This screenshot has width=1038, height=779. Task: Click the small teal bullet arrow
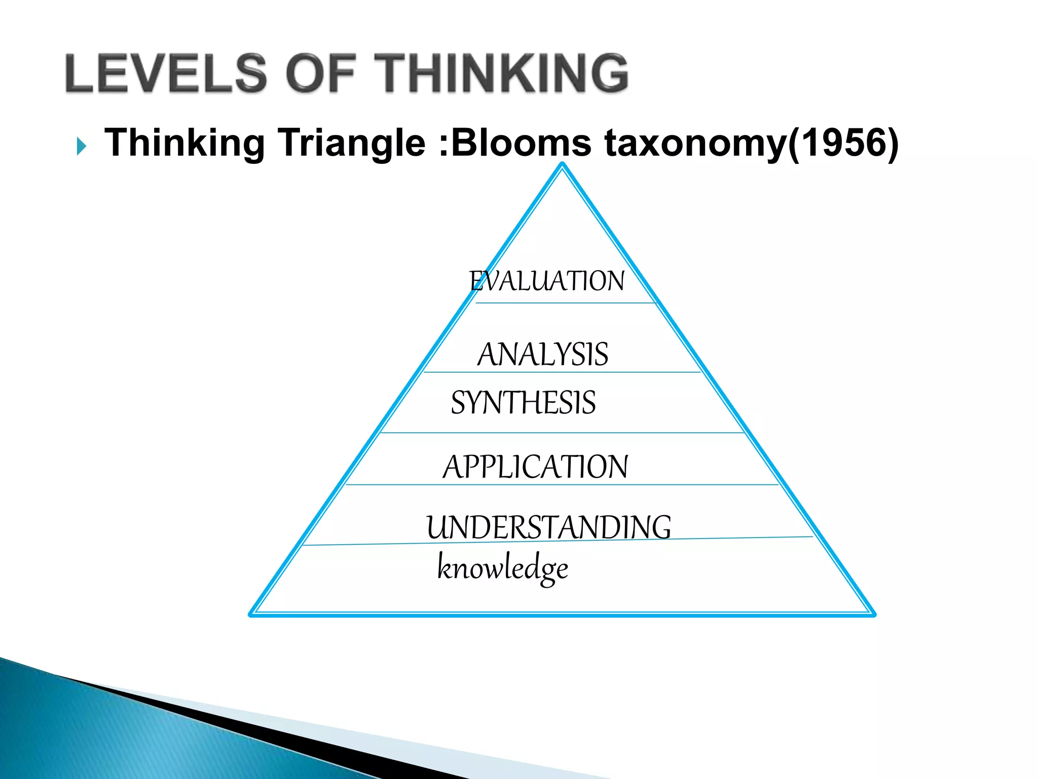coord(81,147)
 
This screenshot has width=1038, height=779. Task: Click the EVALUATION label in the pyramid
coord(547,281)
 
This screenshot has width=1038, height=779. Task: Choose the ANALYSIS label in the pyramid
coord(543,354)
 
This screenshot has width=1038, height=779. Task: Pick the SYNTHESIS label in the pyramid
coord(523,403)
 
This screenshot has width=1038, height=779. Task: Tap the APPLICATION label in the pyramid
coord(535,467)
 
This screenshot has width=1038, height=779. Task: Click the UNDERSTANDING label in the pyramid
coord(549,527)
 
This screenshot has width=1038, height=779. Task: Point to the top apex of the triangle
coord(562,164)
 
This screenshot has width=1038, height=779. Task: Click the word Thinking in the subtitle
coord(184,144)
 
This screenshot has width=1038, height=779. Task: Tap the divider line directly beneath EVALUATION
coord(565,303)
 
